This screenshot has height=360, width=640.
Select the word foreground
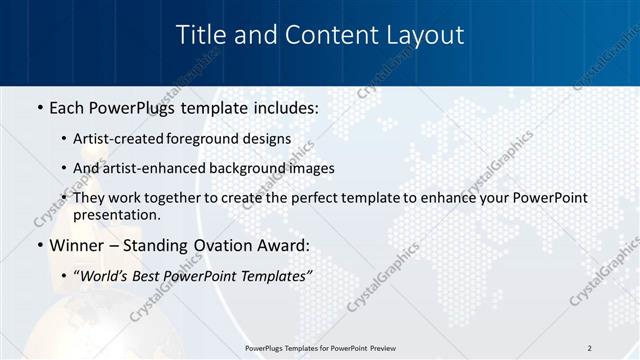click(x=211, y=139)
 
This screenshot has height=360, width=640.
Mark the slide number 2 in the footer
click(x=589, y=348)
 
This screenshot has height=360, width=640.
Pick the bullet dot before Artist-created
click(x=64, y=140)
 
